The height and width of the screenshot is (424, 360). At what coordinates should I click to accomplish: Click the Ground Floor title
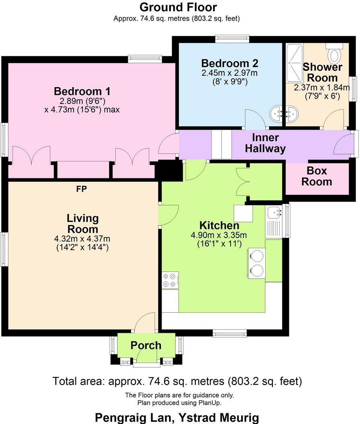tap(178, 7)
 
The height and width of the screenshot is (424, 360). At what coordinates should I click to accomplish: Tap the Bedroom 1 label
tap(82, 91)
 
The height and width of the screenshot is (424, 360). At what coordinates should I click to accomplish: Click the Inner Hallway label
tap(265, 143)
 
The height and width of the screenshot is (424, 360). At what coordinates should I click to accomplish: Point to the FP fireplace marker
tap(82, 189)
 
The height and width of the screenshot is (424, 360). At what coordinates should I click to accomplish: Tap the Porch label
tap(146, 345)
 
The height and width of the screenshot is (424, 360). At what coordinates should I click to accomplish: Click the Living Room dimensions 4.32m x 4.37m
tap(82, 239)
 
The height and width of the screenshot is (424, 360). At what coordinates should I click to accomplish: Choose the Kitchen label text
tap(219, 225)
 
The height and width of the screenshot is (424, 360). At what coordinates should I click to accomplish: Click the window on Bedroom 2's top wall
tap(231, 39)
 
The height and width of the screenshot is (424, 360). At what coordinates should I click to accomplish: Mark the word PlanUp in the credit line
tap(210, 403)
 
